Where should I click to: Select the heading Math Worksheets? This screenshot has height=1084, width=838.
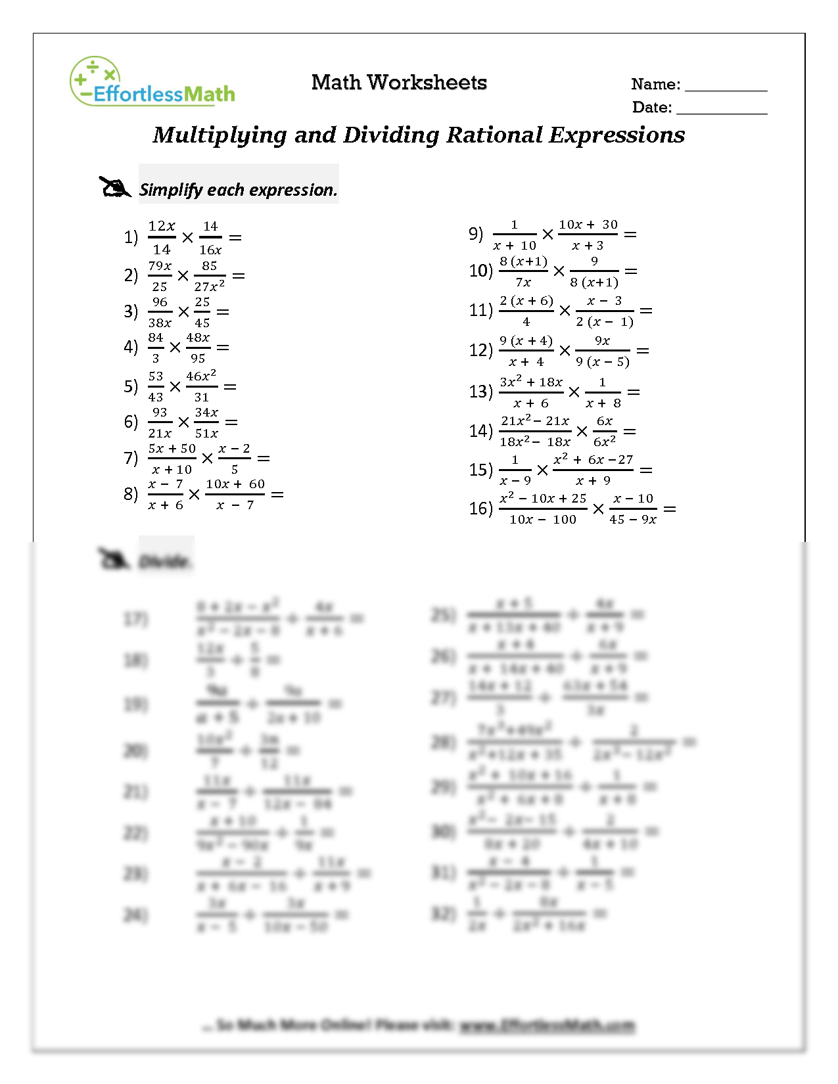pos(399,83)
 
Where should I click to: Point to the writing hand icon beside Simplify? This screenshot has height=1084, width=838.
pos(115,187)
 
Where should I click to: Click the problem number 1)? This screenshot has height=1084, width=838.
pos(131,237)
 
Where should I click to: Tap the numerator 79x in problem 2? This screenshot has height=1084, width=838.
pos(160,266)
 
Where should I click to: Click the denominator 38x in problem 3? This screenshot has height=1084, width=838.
pos(160,323)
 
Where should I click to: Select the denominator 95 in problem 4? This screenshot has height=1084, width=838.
pos(198,359)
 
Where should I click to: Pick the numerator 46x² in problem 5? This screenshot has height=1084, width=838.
pos(201,376)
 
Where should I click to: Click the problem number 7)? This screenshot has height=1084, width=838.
pos(131,458)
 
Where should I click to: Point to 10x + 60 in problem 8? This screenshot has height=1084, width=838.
pos(235,484)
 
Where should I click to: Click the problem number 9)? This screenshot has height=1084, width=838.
pos(475,234)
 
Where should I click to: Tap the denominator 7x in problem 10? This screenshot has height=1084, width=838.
pos(523,282)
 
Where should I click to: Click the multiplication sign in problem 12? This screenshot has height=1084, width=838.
pos(565,351)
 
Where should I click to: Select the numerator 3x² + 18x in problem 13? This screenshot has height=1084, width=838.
pos(531,382)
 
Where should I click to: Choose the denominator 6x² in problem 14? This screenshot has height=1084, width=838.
pos(605,442)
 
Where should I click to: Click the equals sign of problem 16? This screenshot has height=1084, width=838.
pos(670,509)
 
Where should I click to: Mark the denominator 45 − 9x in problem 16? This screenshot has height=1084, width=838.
pos(633,520)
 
